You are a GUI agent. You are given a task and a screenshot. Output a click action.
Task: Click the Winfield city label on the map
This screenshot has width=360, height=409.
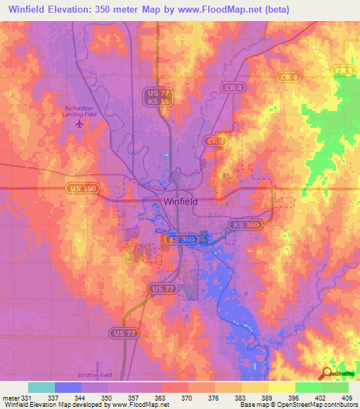pos(181,201)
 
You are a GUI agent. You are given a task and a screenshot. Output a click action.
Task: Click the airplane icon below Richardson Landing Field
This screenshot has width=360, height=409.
pos(79,124)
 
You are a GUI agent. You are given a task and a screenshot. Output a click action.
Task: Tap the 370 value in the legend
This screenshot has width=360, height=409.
pos(187,398)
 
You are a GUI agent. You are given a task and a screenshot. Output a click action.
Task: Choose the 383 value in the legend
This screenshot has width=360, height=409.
pos(240,398)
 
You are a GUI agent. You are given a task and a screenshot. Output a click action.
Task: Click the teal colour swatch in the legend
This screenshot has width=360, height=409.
pos(41,387)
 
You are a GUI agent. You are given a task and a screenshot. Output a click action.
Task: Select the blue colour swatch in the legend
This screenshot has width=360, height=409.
pos(68,387)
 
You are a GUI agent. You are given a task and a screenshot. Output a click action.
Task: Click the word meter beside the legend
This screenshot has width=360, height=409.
pos(11,398)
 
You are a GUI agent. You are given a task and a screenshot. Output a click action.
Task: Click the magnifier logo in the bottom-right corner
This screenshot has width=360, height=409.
pos(326,374)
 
